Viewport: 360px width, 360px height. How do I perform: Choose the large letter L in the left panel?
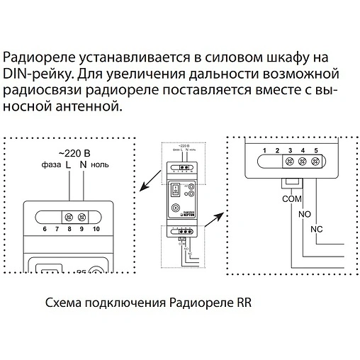(68, 166)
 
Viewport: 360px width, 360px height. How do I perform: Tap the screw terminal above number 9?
(82, 216)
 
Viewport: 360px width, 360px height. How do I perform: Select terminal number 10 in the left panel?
(96, 230)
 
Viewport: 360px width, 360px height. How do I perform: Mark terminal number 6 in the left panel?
(45, 230)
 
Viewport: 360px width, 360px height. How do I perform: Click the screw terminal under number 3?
(289, 162)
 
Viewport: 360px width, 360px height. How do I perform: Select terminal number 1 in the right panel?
(264, 150)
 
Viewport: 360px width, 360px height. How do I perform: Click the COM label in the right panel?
(291, 199)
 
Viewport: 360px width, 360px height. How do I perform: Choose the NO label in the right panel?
(305, 213)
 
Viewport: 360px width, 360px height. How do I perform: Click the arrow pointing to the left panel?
(149, 182)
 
